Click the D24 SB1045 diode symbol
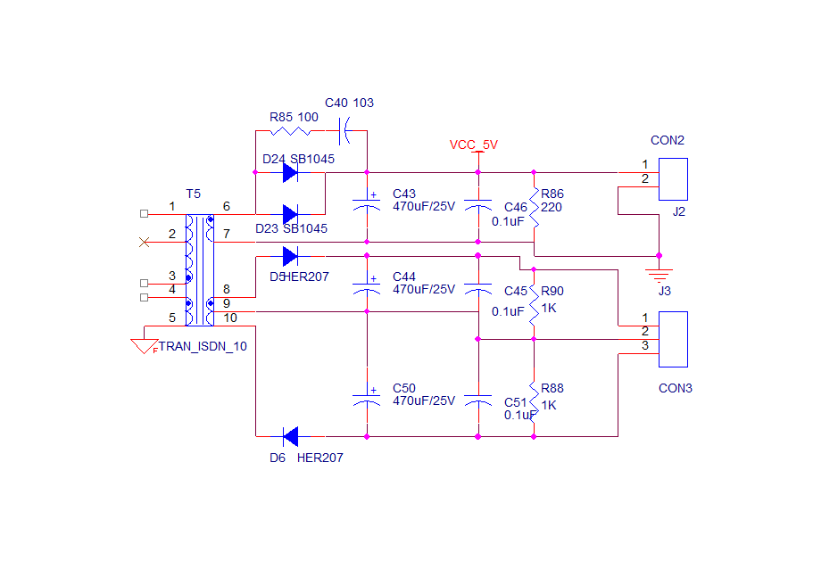click(290, 172)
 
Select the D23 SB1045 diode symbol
click(290, 214)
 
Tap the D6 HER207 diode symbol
click(290, 436)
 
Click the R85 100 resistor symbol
click(290, 131)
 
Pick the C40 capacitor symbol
click(343, 135)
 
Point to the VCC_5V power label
click(473, 144)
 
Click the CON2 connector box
click(673, 179)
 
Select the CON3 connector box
click(673, 339)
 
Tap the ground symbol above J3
click(660, 271)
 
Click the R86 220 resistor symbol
click(534, 206)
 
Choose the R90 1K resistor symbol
click(534, 303)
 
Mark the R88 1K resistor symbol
click(534, 400)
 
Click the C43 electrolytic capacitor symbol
click(366, 202)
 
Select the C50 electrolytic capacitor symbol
click(366, 398)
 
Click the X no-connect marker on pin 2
click(145, 242)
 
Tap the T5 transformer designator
click(194, 194)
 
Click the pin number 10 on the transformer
click(230, 318)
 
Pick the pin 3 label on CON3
click(644, 345)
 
